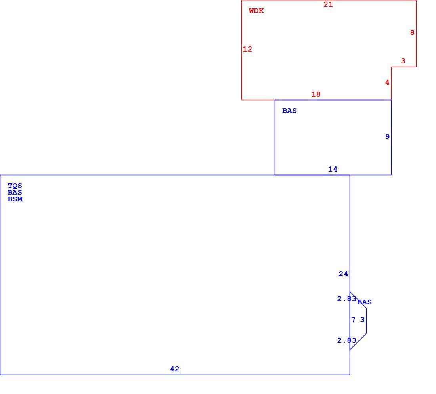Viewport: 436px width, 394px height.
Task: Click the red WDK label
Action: click(x=256, y=11)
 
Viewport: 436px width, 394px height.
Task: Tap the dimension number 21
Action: click(x=328, y=4)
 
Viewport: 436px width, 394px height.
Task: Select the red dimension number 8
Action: click(x=412, y=33)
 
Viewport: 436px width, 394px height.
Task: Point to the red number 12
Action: click(x=247, y=49)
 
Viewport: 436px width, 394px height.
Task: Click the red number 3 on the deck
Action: click(x=403, y=61)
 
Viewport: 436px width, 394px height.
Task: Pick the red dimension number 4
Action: click(x=387, y=82)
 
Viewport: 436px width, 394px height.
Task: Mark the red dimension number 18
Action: click(x=316, y=95)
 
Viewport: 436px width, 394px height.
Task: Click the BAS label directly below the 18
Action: click(x=289, y=111)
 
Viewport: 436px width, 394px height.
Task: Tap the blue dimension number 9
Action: click(x=387, y=136)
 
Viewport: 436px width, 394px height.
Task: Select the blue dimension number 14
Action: click(x=333, y=169)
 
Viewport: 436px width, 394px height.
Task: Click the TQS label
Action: click(x=15, y=186)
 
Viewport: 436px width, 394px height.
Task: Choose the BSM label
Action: click(x=15, y=199)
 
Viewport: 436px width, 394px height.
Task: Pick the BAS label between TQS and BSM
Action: click(x=15, y=192)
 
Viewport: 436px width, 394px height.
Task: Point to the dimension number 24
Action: click(x=343, y=274)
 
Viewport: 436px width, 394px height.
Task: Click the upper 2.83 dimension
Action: click(x=347, y=299)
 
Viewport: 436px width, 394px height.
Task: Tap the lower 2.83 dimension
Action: click(x=347, y=340)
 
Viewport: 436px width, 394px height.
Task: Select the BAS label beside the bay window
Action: click(x=364, y=302)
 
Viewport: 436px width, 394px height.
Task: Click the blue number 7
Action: click(x=354, y=320)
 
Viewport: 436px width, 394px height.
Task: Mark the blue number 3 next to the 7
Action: click(x=362, y=320)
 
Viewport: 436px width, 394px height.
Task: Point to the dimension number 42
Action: click(x=175, y=369)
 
